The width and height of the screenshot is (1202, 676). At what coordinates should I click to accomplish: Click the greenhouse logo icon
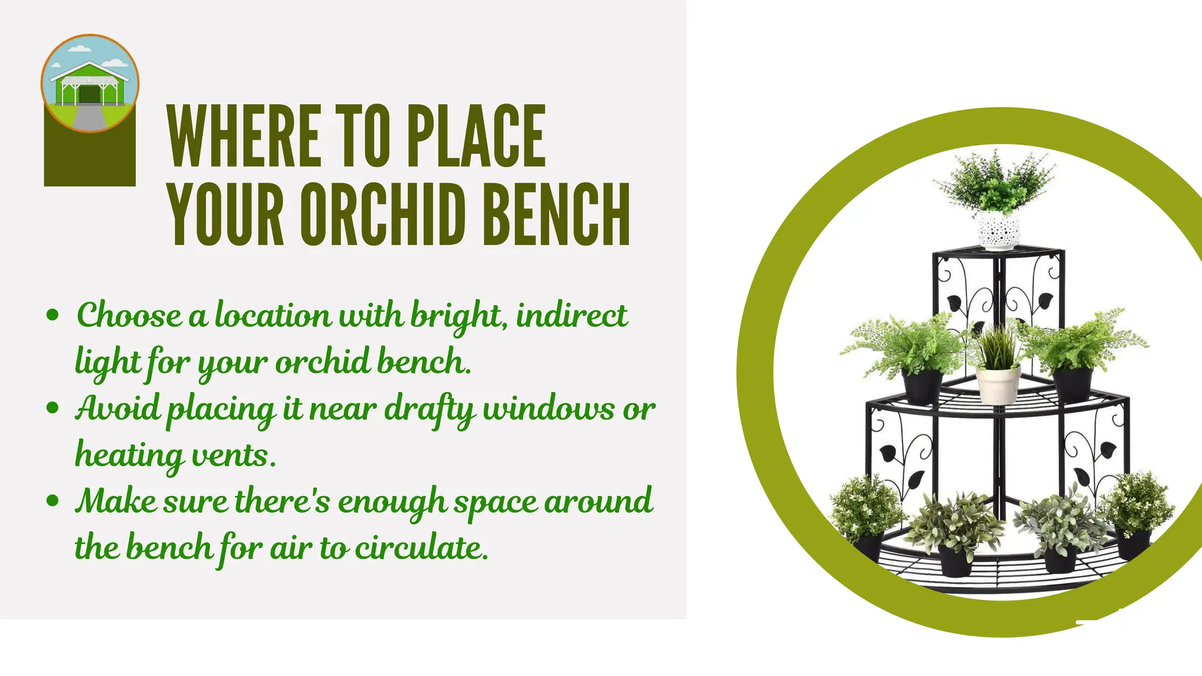click(90, 83)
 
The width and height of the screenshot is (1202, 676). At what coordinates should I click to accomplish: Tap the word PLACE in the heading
click(476, 137)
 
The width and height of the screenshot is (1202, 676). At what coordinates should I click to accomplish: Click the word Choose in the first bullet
click(130, 316)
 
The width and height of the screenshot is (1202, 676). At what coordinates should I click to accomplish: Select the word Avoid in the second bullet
click(118, 408)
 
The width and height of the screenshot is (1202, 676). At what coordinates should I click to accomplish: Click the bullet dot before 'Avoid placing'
click(53, 408)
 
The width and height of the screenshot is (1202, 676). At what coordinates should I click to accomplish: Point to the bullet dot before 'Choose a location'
click(53, 315)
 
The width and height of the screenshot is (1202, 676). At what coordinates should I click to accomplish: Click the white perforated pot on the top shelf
click(998, 230)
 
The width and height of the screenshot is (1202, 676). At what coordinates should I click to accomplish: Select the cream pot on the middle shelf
click(998, 384)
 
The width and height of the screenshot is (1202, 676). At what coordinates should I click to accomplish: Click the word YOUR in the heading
click(227, 214)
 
